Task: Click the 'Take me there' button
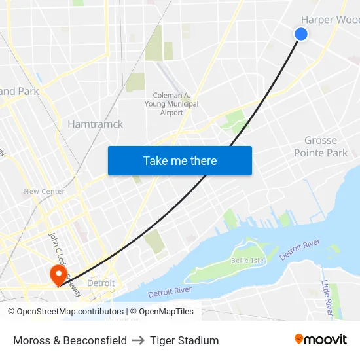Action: coord(180,160)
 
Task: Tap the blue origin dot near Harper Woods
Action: coord(301,34)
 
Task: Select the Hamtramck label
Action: coord(96,124)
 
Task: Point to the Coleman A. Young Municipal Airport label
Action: coord(171,104)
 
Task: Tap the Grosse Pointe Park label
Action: coord(321,147)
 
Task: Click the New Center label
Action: coord(44,192)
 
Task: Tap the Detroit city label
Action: coord(101,283)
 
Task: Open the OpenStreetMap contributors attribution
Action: coord(65,312)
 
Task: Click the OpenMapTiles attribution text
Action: coord(162,312)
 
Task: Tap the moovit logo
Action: coord(320,339)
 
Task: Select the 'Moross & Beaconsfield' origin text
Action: coord(70,340)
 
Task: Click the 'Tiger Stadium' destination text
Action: coord(184,340)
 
